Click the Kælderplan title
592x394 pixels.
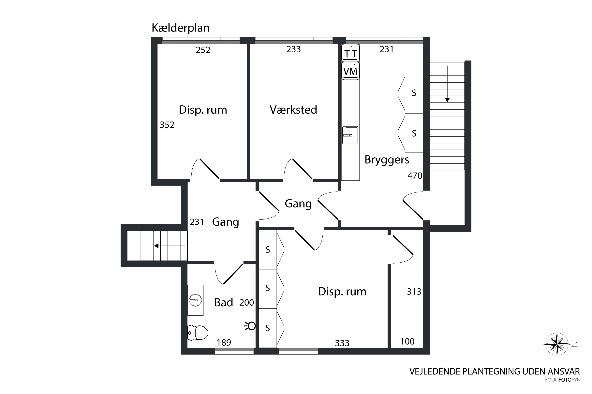(181, 28)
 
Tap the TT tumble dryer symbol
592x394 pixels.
(350, 53)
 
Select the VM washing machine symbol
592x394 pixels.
(350, 71)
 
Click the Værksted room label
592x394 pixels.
(293, 110)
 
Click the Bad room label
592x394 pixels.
(224, 303)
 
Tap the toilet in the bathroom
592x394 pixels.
(198, 333)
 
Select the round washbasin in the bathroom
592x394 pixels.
(195, 300)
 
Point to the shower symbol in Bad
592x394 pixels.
(250, 326)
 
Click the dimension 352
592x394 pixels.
(167, 125)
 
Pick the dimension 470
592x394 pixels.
(415, 176)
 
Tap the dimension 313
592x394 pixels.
(414, 292)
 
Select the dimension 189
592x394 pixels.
(224, 343)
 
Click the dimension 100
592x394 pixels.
(407, 341)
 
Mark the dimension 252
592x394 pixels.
(203, 50)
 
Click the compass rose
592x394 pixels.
(557, 344)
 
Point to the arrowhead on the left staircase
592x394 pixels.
(156, 246)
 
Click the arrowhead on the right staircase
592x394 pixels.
(447, 100)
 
